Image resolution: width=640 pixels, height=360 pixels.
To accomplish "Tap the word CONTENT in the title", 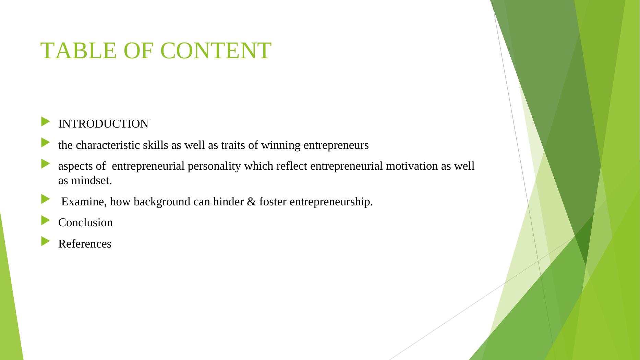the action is [x=216, y=51].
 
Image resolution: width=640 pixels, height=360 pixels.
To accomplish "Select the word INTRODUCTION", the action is [x=103, y=124].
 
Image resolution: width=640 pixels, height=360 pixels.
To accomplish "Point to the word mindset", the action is [x=92, y=181].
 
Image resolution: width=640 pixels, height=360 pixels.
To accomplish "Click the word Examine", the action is [x=84, y=202].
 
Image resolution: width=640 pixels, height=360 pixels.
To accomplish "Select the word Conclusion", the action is [x=85, y=223].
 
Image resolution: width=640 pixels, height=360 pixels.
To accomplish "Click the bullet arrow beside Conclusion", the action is [x=45, y=220].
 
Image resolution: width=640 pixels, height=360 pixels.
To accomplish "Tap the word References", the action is [x=85, y=244].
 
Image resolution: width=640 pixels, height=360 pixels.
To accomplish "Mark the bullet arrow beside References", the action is [x=45, y=241].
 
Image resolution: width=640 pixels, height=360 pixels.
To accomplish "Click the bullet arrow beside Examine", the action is [x=45, y=199].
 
